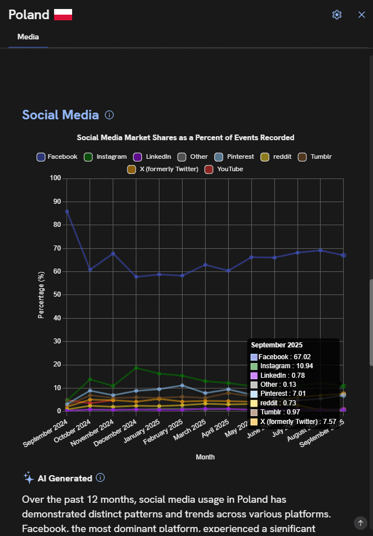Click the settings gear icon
[337, 15]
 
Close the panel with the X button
[362, 15]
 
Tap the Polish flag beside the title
[63, 15]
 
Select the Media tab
[28, 37]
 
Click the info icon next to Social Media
[109, 115]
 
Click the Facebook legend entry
[57, 157]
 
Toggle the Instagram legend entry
[105, 157]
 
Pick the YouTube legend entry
[224, 169]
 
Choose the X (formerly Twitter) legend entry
[163, 169]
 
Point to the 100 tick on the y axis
[55, 178]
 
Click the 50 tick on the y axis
[57, 295]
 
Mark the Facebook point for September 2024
[67, 212]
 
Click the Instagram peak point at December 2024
[136, 368]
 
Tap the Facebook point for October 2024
[90, 269]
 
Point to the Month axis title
[205, 457]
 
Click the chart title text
[185, 137]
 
